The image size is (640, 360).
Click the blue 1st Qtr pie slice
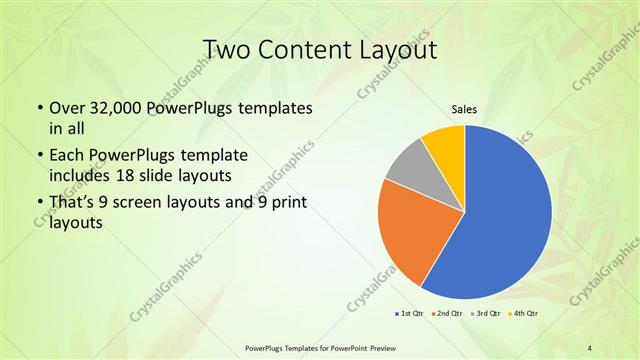point(510,215)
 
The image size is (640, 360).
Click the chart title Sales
point(464,108)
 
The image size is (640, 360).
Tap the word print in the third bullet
point(287,203)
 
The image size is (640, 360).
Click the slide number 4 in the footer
point(590,347)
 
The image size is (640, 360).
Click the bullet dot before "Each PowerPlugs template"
point(38,156)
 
